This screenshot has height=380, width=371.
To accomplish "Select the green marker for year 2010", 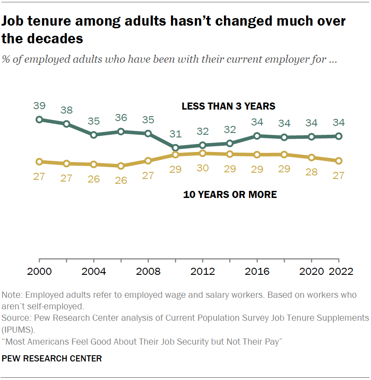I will tap(175, 148).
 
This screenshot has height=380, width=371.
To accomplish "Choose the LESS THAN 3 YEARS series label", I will tap(228, 106).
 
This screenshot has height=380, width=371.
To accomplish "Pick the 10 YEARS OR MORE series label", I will tap(230, 195).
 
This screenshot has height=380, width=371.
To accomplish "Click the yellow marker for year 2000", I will tap(39, 161).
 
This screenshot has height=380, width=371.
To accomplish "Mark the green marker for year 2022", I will tap(339, 136).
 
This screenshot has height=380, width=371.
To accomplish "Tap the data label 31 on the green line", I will tap(175, 134).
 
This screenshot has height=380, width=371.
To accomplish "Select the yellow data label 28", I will tap(311, 172).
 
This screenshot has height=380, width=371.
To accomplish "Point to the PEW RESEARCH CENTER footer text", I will tap(52, 358).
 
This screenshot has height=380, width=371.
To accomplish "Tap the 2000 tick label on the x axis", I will tap(39, 271).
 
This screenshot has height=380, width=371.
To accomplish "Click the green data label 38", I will tap(67, 110).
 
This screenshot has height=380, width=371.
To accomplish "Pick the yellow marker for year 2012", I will tap(202, 153).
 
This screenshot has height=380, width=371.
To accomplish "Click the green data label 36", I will tap(121, 118).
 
